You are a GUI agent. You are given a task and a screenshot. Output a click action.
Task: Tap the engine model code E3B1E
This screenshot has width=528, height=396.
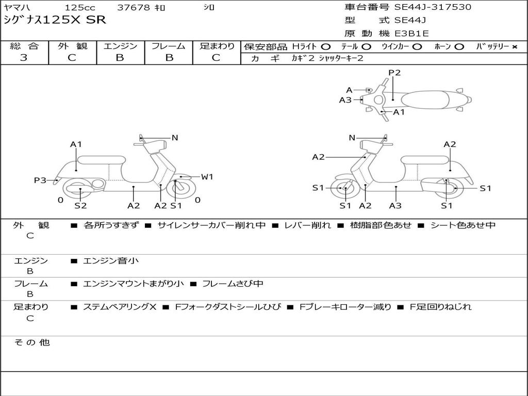411,34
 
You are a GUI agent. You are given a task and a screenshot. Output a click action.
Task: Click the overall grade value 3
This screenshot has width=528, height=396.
24,58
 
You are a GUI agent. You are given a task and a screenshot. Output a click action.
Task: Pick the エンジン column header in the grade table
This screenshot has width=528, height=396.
120,46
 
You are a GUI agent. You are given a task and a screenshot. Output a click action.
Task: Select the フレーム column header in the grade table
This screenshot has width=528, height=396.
168,46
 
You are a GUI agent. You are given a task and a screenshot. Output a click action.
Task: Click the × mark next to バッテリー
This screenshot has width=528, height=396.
514,46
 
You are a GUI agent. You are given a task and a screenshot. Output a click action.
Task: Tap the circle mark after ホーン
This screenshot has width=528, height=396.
459,46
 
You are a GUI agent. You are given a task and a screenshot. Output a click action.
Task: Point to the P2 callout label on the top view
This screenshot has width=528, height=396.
394,73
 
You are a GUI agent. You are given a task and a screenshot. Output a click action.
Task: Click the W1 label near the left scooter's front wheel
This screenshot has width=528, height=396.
207,177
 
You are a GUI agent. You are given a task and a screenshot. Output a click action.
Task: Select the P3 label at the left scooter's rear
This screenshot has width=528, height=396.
40,180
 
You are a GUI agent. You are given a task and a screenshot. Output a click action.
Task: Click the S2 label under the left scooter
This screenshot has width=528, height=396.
80,206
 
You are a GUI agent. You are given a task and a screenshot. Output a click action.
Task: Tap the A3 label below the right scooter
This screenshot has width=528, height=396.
395,206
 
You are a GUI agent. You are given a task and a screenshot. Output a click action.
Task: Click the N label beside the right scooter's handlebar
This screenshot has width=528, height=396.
352,138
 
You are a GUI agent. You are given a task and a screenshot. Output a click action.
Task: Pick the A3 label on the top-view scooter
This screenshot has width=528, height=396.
345,100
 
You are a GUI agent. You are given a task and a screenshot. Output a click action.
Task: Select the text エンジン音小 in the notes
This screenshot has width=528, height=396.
111,261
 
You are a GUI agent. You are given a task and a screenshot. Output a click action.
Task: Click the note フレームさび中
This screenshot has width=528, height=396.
233,284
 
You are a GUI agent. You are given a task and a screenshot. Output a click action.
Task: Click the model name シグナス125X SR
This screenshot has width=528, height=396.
55,20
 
